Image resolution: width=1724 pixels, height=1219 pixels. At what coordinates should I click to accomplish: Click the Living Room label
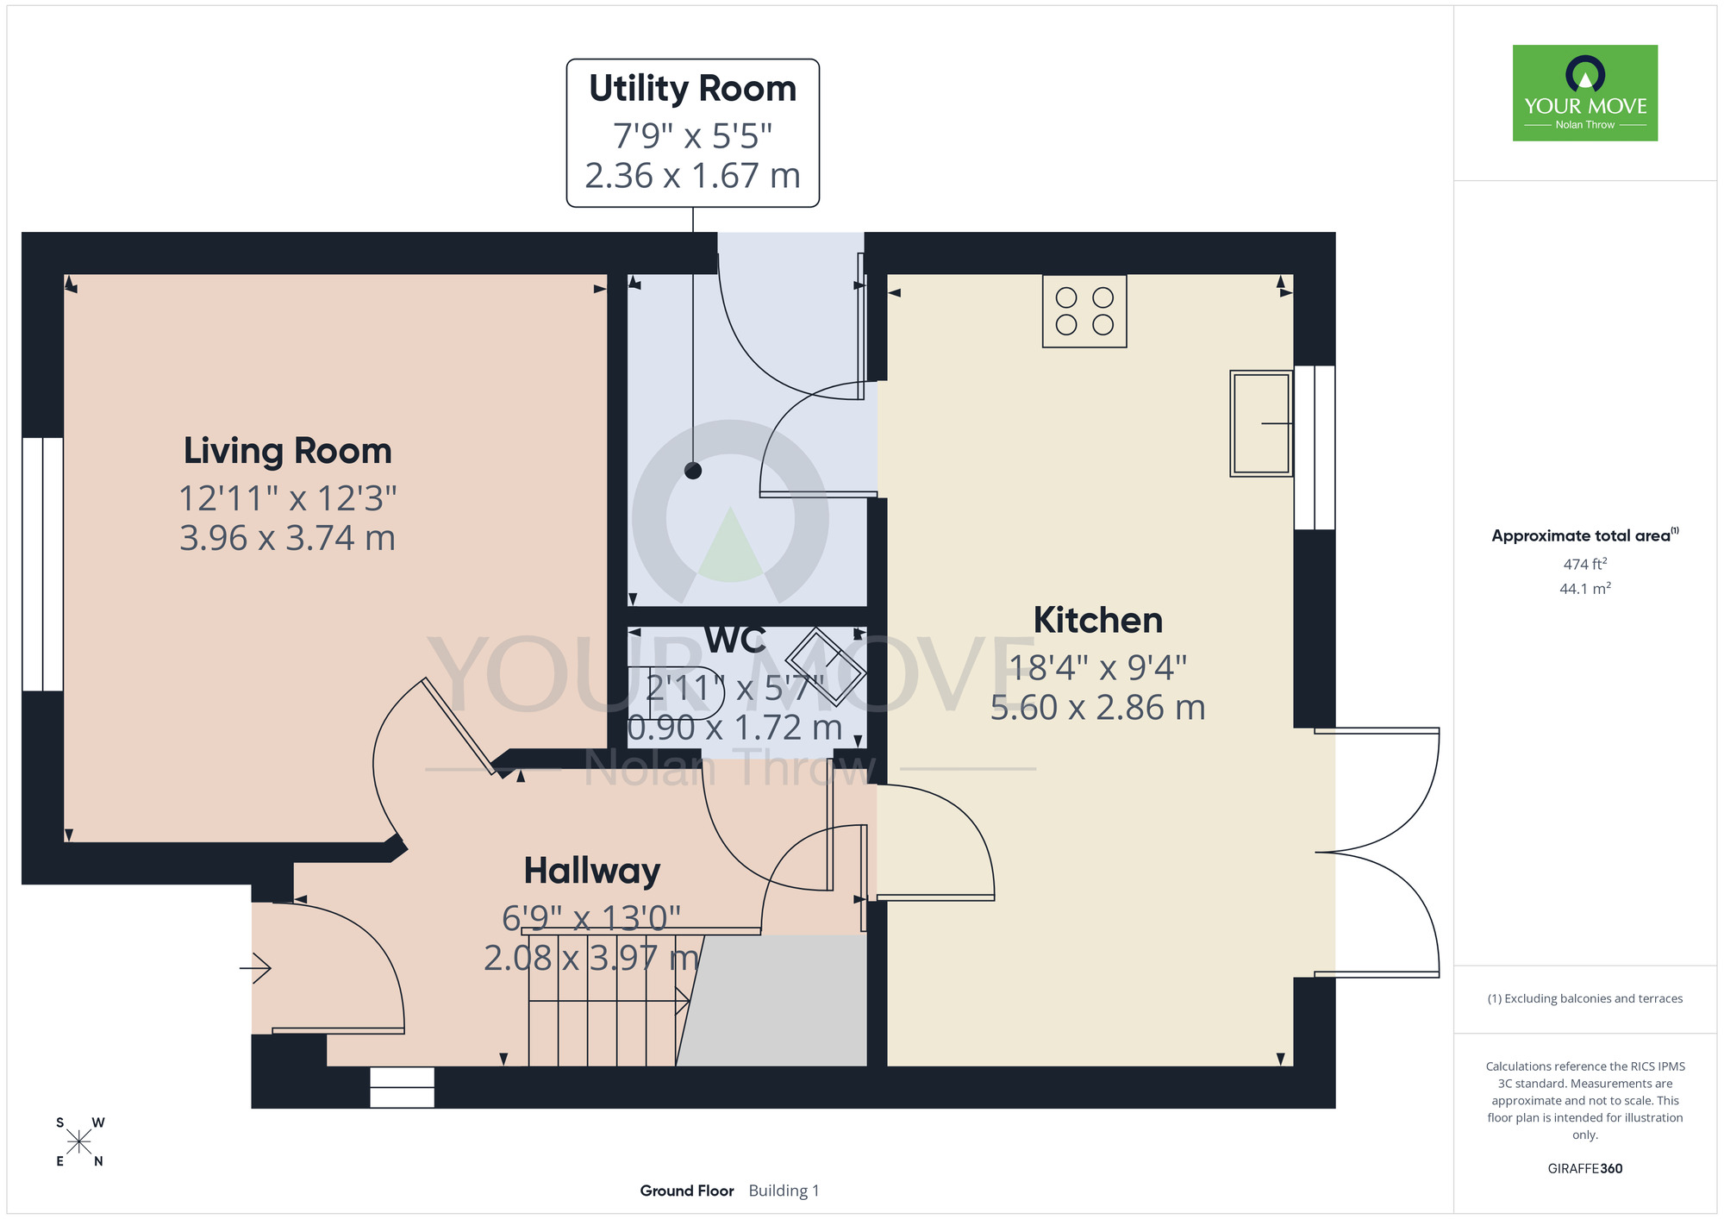pyautogui.click(x=287, y=451)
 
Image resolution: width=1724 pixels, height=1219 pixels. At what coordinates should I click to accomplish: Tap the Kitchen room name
pyautogui.click(x=1098, y=620)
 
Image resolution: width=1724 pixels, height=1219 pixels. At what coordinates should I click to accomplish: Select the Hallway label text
pyautogui.click(x=592, y=871)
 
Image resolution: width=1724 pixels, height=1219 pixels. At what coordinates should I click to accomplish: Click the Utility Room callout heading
pyautogui.click(x=692, y=88)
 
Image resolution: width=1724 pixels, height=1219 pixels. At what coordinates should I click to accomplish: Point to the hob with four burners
pyautogui.click(x=1084, y=311)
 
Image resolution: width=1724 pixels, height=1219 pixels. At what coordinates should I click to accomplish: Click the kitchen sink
pyautogui.click(x=1261, y=423)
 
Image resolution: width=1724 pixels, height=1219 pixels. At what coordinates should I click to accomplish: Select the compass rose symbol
pyautogui.click(x=78, y=1142)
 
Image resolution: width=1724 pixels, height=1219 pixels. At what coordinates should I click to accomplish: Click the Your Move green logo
pyautogui.click(x=1585, y=93)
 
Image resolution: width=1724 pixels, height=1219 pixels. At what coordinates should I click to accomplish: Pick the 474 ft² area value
pyautogui.click(x=1585, y=564)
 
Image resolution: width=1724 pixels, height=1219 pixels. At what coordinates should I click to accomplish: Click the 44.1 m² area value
pyautogui.click(x=1585, y=589)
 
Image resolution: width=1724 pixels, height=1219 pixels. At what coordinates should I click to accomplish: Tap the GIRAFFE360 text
pyautogui.click(x=1585, y=1169)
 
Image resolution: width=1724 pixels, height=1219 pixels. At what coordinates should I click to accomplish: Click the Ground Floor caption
pyautogui.click(x=687, y=1191)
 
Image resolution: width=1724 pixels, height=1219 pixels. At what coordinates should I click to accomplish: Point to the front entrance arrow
pyautogui.click(x=255, y=967)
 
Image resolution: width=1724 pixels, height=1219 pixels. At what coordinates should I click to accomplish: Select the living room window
pyautogui.click(x=42, y=564)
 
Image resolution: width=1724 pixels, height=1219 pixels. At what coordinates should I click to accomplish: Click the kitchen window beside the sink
pyautogui.click(x=1315, y=447)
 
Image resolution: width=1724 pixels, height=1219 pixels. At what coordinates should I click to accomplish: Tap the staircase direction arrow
pyautogui.click(x=609, y=1001)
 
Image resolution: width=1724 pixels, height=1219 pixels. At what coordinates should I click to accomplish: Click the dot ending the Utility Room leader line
pyautogui.click(x=693, y=471)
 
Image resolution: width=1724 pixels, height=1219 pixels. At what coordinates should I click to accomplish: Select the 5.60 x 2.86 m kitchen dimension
pyautogui.click(x=1097, y=708)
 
